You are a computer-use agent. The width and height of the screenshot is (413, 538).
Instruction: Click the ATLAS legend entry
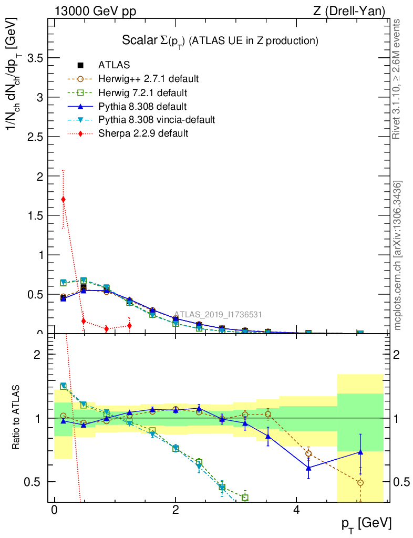(x=113, y=65)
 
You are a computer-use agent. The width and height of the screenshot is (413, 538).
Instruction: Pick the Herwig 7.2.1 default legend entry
(x=142, y=92)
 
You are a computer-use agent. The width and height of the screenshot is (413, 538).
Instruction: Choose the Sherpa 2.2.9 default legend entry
(x=143, y=133)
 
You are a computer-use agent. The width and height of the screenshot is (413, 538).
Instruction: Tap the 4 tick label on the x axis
(x=296, y=510)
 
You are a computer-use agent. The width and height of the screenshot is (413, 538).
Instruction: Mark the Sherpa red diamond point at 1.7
(x=64, y=199)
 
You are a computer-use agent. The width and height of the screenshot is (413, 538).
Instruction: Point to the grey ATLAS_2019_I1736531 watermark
(x=218, y=315)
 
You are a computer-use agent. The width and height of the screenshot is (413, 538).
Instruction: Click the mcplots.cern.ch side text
(x=398, y=255)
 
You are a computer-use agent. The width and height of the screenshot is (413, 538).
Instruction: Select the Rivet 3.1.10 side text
(x=398, y=79)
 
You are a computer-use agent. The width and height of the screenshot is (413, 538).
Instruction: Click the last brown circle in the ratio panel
(x=360, y=482)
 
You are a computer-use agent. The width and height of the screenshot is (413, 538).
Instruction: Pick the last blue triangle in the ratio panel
(x=360, y=452)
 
